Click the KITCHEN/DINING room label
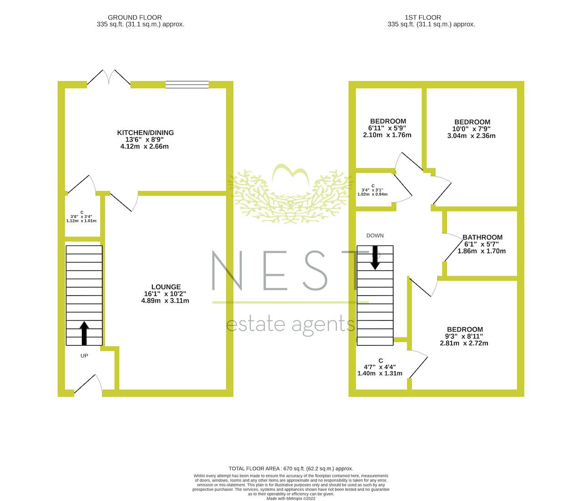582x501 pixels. (145, 133)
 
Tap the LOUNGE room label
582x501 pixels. (166, 287)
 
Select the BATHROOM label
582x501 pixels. (482, 237)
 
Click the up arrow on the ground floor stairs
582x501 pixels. (84, 333)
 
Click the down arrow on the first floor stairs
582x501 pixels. (375, 257)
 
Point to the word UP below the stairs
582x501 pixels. (84, 356)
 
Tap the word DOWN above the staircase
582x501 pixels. (375, 235)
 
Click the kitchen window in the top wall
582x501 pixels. (187, 84)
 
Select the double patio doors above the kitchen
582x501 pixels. (109, 78)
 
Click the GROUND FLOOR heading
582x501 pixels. (140, 18)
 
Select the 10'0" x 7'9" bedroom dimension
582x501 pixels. (472, 129)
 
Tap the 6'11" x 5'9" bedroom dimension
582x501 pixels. (388, 128)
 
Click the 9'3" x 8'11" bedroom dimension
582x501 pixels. (464, 336)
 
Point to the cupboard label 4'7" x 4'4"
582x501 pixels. (380, 366)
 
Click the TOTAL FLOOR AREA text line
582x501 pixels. (291, 468)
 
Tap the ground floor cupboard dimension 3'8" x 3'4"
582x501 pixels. (81, 216)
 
